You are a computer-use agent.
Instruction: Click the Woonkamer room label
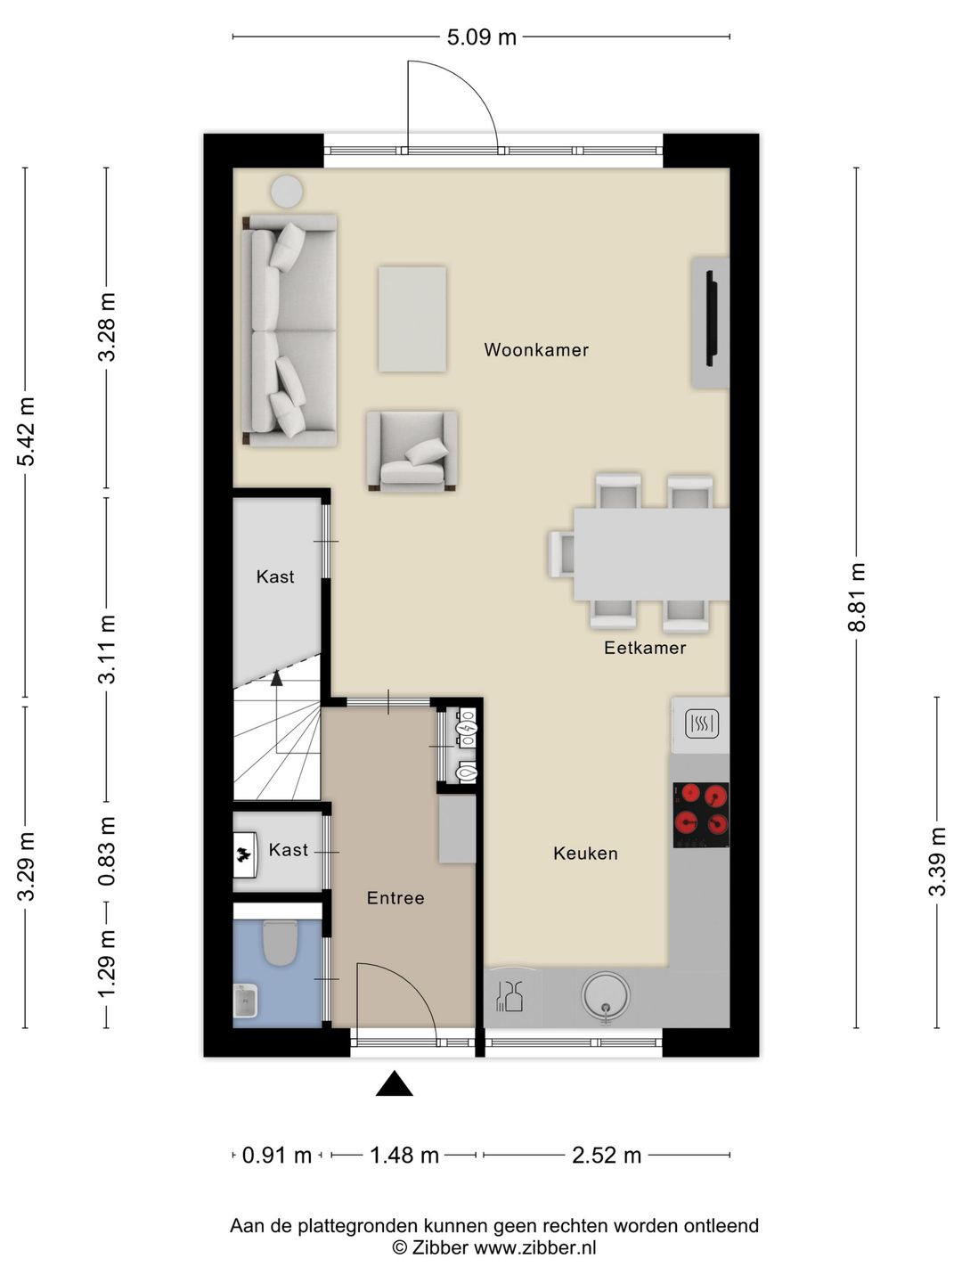[x=536, y=350]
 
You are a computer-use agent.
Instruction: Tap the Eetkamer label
[x=645, y=648]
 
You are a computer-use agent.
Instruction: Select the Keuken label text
[x=585, y=854]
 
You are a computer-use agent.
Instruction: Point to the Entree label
[x=395, y=898]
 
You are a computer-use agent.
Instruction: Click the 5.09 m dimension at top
[x=481, y=37]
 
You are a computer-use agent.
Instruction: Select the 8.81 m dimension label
[x=857, y=597]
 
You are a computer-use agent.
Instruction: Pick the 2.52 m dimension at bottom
[x=607, y=1156]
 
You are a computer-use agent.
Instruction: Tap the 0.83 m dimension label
[x=107, y=852]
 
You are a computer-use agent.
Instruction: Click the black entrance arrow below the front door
[x=394, y=1084]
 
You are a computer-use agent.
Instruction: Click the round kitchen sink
[x=606, y=995]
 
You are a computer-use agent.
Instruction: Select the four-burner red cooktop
[x=701, y=814]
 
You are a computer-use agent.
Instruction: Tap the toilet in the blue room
[x=280, y=943]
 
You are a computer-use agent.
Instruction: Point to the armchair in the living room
[x=412, y=451]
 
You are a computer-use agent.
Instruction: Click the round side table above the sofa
[x=287, y=191]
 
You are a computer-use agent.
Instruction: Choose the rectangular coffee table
[x=412, y=319]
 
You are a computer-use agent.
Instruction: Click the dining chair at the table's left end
[x=562, y=553]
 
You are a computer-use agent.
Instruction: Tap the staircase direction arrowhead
[x=276, y=678]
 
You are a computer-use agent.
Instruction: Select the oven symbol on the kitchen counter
[x=701, y=723]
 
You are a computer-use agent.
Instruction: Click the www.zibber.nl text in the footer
[x=534, y=1248]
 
